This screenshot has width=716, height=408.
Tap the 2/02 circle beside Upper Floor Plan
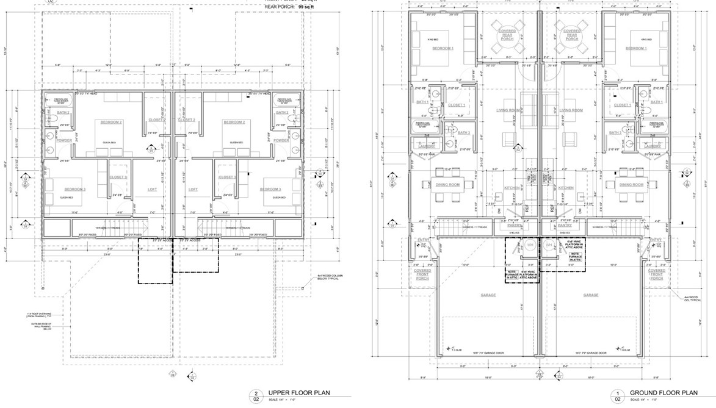coord(257,396)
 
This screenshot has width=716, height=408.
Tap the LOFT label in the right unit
coord(193,190)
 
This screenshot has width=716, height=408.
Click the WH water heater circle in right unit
coord(548,246)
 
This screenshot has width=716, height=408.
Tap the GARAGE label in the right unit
coord(590,295)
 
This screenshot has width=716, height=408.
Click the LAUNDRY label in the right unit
coord(653,146)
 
